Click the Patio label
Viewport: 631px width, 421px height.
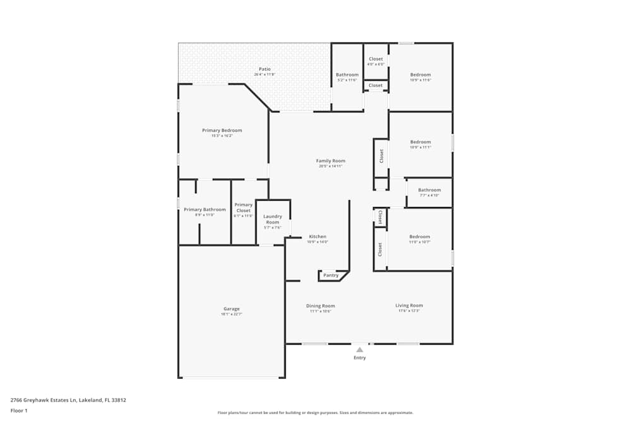click(265, 69)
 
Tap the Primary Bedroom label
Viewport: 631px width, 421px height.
click(221, 131)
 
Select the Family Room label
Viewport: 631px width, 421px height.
click(331, 161)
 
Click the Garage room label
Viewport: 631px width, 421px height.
click(231, 309)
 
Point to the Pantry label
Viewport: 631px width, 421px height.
click(331, 275)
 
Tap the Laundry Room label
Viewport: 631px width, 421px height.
click(273, 219)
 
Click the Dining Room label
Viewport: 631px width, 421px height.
click(321, 306)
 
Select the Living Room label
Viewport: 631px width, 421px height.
click(409, 305)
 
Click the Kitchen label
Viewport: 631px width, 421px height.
click(317, 237)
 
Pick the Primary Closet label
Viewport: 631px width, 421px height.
click(244, 208)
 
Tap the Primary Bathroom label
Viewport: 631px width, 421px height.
click(204, 210)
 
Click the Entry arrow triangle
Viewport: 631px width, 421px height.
click(359, 348)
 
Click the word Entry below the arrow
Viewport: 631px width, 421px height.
click(359, 358)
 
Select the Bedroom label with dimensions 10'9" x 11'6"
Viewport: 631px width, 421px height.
click(420, 74)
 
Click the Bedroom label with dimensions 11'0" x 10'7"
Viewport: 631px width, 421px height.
click(420, 237)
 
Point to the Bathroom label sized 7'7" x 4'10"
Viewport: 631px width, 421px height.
click(429, 190)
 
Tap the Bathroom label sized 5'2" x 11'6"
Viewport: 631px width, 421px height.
click(347, 74)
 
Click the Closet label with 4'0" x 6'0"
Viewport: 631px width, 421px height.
click(375, 59)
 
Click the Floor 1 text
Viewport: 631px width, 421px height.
click(19, 410)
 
